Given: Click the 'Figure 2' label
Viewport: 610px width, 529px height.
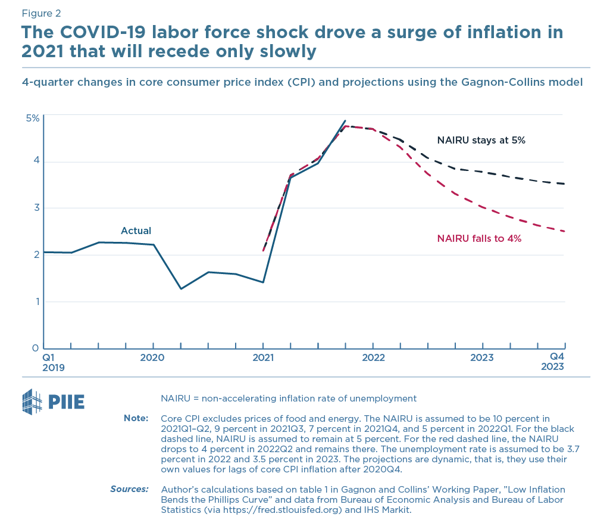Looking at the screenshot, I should [x=40, y=13].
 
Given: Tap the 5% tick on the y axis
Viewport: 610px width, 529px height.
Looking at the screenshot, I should [x=32, y=118].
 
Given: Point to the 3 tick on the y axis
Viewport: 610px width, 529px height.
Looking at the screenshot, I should [x=36, y=208].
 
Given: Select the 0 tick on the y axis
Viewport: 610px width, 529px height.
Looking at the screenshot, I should [x=36, y=348].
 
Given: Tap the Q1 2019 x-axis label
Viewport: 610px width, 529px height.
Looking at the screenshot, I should [x=51, y=362].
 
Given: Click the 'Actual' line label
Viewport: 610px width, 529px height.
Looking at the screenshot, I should [x=136, y=231].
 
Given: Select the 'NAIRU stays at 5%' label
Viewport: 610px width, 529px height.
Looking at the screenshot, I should [x=481, y=141].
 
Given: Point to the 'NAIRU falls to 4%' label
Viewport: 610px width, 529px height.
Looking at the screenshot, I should [x=479, y=238].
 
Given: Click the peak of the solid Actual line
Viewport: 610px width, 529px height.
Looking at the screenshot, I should [x=345, y=121].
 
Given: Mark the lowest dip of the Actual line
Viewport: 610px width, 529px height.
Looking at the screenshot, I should [x=181, y=289].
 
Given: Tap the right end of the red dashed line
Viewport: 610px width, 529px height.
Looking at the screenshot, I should [x=564, y=231].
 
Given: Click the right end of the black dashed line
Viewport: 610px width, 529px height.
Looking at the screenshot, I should [x=564, y=184].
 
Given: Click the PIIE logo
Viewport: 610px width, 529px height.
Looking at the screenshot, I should [x=53, y=402].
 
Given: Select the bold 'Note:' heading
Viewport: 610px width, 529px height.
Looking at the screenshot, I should [x=136, y=418].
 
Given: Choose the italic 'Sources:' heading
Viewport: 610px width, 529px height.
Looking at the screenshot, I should [x=129, y=489].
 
